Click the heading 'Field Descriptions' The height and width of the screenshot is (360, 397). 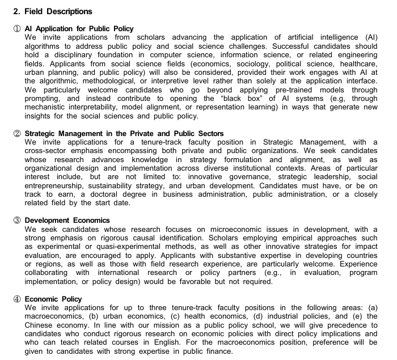tap(56, 11)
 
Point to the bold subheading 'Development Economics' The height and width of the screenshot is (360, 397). tap(67, 221)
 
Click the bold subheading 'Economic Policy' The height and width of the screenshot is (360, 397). tap(53, 299)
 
